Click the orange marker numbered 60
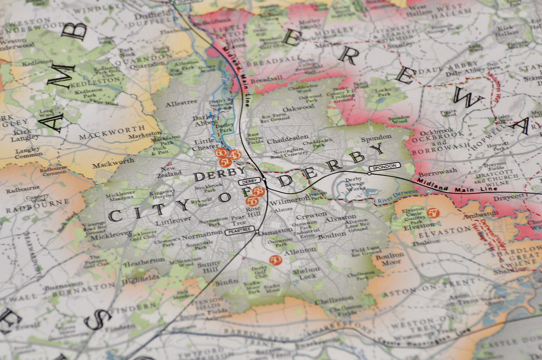(221, 153)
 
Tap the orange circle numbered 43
(234, 155)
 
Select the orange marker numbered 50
(275, 259)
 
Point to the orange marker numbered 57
(433, 212)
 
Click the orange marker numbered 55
(252, 201)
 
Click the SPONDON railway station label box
(384, 166)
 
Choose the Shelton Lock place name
(306, 273)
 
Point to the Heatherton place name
(144, 260)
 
